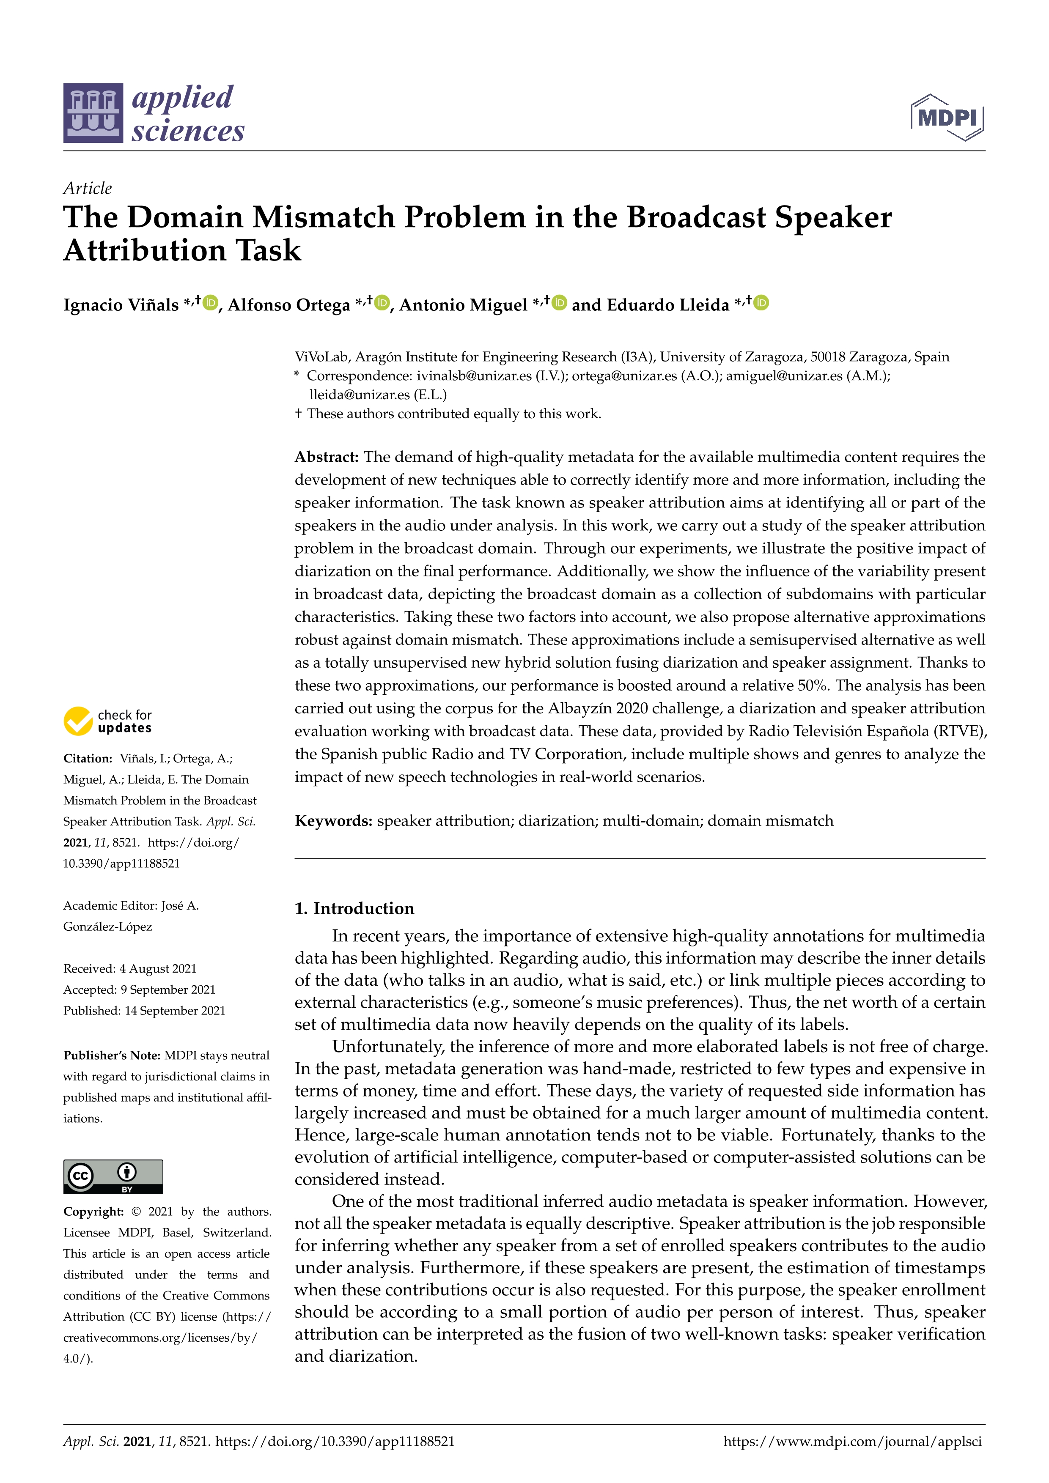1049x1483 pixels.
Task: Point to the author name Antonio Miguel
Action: (463, 305)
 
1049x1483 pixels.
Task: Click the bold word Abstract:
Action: (326, 457)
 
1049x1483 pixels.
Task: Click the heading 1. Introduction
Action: (354, 909)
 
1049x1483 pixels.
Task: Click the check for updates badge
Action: (108, 721)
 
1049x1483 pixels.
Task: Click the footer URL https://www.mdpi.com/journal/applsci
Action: (852, 1442)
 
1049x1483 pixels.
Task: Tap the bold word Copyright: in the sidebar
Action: (93, 1212)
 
